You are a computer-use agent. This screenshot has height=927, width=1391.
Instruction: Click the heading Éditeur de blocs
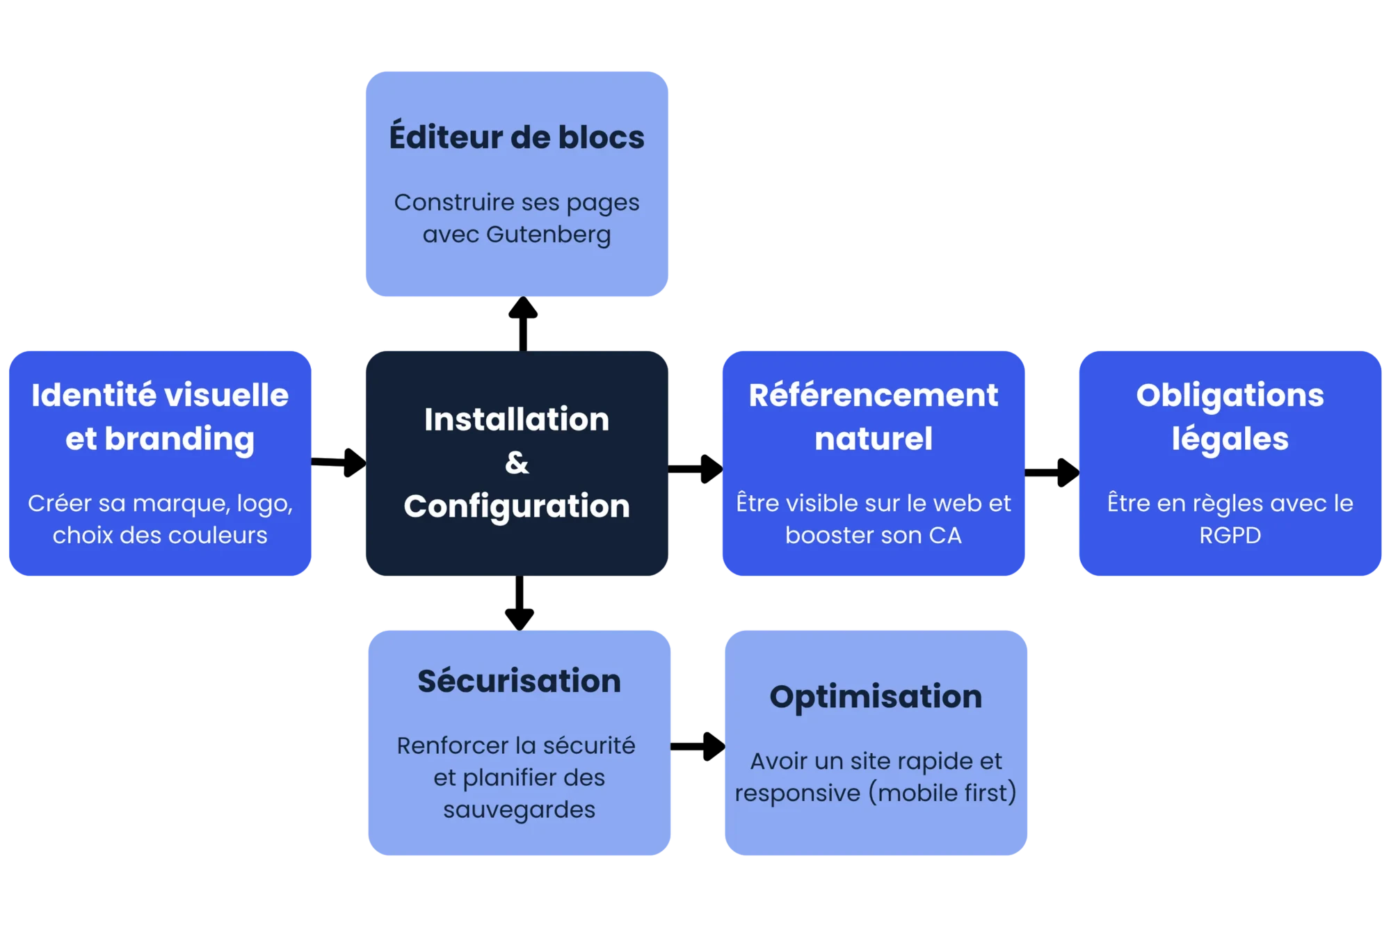517,137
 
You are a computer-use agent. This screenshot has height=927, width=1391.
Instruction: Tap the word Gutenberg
548,234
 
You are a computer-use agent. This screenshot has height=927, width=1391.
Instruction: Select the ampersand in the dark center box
517,462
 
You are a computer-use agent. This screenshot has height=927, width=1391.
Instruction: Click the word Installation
517,419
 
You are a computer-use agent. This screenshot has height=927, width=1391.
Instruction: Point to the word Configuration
517,506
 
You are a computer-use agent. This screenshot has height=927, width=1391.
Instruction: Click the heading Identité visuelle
160,395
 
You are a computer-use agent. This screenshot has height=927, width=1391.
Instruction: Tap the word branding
179,439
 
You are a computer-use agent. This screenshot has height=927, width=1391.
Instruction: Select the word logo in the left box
264,503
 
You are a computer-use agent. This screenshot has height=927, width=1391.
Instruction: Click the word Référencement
874,395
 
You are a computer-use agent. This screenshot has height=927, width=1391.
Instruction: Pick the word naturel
874,439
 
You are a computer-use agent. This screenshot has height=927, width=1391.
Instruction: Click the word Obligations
1230,395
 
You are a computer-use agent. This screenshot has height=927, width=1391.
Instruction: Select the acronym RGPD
1230,535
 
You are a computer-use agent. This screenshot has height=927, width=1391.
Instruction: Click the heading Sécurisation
519,681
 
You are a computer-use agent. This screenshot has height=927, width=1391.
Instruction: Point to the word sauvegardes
519,809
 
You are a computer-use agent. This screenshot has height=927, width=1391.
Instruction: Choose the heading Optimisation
876,696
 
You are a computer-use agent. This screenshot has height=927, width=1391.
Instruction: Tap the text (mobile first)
942,793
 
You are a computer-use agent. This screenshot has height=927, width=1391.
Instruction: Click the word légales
1230,439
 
